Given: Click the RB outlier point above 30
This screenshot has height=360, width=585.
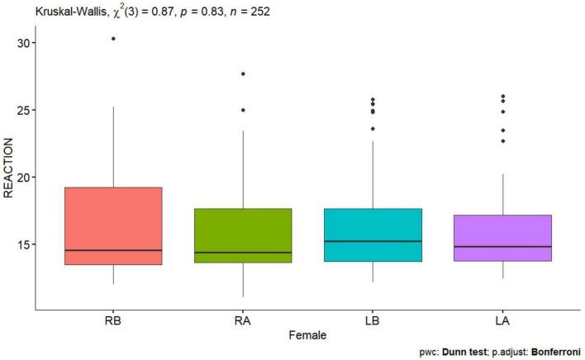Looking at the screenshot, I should (x=113, y=39).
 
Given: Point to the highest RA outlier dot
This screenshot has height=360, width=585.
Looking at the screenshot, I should (x=243, y=74).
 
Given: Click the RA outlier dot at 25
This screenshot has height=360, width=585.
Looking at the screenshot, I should (x=243, y=110).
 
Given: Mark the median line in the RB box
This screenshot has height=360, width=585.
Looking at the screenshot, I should (x=113, y=250).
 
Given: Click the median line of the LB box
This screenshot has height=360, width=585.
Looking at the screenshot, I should (x=373, y=241).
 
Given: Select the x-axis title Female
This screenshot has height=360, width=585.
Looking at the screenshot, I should (x=308, y=335).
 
